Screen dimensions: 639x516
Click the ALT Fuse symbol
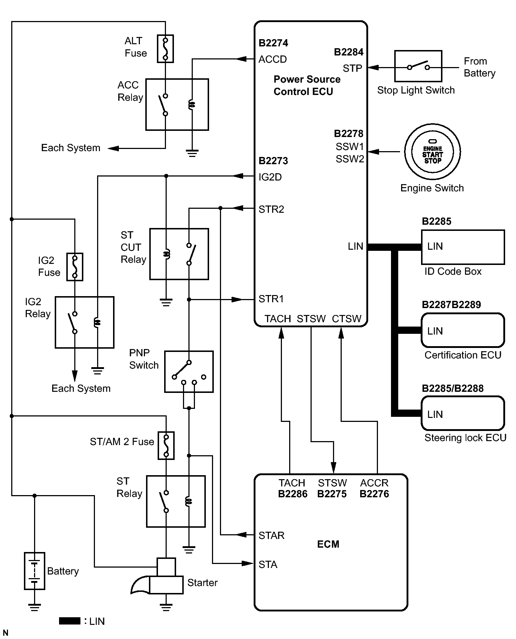[x=165, y=49]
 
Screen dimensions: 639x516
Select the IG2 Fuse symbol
[x=75, y=267]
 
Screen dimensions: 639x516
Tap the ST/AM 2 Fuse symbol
[x=166, y=445]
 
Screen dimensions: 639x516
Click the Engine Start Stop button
[x=432, y=152]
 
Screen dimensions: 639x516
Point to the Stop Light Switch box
[x=418, y=66]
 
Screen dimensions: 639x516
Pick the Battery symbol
[x=34, y=571]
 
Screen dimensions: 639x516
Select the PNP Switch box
[x=189, y=372]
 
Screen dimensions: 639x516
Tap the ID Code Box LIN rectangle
[x=463, y=247]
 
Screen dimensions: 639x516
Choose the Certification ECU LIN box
[x=463, y=330]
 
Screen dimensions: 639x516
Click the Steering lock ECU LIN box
[x=463, y=413]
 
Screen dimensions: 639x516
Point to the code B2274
[x=273, y=43]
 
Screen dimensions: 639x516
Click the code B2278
[x=348, y=134]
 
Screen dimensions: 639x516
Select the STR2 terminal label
[x=271, y=209]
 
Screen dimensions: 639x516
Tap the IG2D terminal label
[x=270, y=177]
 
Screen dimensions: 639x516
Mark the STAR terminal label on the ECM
[x=271, y=535]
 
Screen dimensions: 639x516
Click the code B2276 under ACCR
[x=374, y=494]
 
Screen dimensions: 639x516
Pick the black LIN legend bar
[x=70, y=621]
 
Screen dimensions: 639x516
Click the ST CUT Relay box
[x=179, y=254]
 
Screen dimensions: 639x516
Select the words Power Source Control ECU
[x=307, y=86]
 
